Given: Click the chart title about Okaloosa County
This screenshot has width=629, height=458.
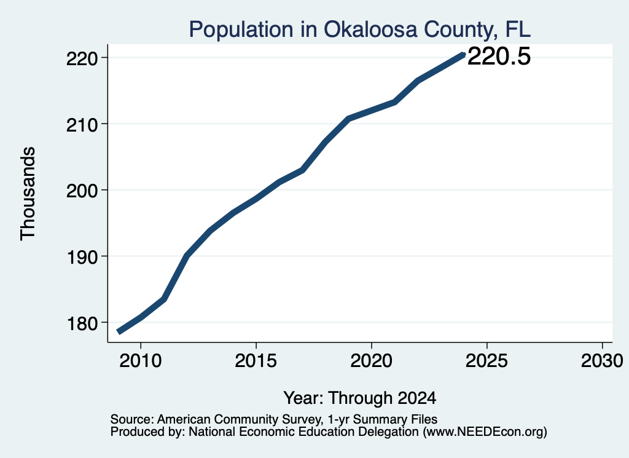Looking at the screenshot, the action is coord(360,30).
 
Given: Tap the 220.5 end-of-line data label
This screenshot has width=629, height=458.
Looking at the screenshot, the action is coord(499,56).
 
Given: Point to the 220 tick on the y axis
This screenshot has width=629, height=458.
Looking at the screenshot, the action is coord(82,58).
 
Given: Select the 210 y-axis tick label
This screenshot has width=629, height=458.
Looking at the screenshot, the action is coord(82,125).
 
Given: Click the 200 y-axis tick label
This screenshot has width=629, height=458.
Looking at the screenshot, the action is coord(82,191).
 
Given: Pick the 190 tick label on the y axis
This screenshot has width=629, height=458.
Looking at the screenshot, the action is coord(82,258).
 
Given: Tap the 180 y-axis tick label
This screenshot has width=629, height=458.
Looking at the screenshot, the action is coord(82,323).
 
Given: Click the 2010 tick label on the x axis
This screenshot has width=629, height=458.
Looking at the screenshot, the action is coord(141,360).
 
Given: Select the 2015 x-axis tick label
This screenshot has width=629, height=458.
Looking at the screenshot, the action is coord(256,360).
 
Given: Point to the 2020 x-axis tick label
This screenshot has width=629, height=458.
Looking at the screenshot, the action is coord(372,360).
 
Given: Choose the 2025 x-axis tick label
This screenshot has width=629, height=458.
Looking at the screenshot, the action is coord(486,360).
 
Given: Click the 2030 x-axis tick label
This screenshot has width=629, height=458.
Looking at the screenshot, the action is coord(602,360).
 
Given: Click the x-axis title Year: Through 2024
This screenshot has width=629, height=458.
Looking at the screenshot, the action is coord(360,398).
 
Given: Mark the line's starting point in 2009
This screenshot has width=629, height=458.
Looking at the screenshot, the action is coord(118,331).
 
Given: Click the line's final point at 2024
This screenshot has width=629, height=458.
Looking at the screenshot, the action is coord(463,55).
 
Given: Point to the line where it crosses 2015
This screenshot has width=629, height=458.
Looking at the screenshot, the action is coord(256,198).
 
